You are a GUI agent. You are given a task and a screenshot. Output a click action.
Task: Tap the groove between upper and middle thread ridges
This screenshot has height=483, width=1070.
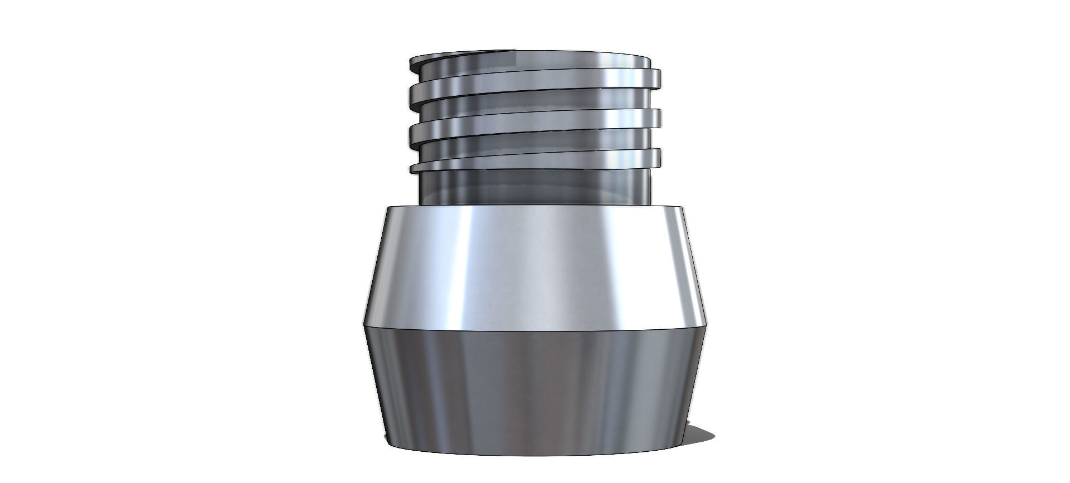point(535,104)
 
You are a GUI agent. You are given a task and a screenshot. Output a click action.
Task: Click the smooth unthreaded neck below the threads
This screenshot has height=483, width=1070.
point(535,187)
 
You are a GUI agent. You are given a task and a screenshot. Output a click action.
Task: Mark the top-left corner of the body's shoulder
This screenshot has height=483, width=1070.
point(388,208)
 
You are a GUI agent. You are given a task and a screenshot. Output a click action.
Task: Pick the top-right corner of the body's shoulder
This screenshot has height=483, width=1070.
point(682,208)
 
